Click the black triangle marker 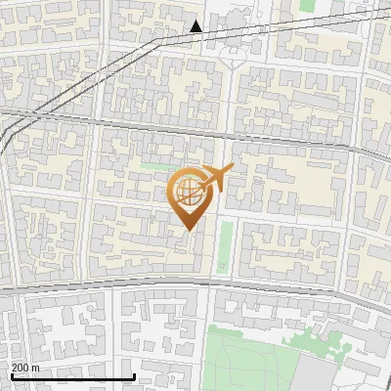[x=196, y=26]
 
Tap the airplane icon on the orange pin [x=216, y=178]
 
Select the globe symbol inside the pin [x=188, y=192]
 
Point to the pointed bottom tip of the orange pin [x=188, y=230]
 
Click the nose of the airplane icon [x=231, y=169]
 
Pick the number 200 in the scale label [x=20, y=368]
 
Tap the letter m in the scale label [x=36, y=368]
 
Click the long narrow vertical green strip [x=225, y=246]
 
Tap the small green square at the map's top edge [x=308, y=5]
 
